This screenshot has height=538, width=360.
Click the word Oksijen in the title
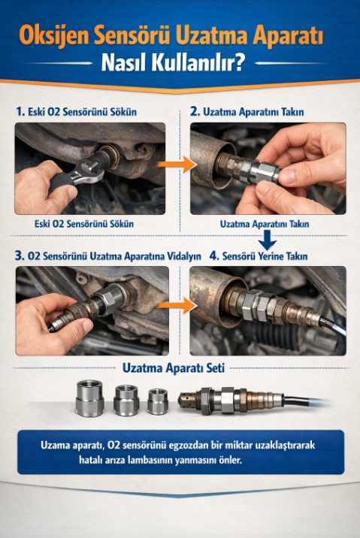click(55, 35)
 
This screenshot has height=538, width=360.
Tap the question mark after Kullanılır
click(239, 62)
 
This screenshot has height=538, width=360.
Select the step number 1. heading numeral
click(20, 111)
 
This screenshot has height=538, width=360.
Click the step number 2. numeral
click(195, 111)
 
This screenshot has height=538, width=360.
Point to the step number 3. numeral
click(20, 255)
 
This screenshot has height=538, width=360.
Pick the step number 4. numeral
click(213, 255)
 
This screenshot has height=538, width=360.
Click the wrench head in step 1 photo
click(90, 169)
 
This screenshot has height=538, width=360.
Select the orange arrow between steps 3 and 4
click(177, 305)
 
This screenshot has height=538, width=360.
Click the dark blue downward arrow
click(268, 240)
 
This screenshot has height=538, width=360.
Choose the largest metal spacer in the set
click(89, 398)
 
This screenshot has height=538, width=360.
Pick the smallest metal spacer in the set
click(158, 401)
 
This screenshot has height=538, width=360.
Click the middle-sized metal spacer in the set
click(126, 400)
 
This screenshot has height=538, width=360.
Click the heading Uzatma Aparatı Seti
click(174, 368)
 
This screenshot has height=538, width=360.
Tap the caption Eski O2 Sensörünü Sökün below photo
click(84, 224)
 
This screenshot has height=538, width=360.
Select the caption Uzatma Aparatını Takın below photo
click(265, 224)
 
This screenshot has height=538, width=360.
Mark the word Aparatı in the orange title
click(288, 35)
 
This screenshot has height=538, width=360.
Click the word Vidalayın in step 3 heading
click(184, 256)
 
